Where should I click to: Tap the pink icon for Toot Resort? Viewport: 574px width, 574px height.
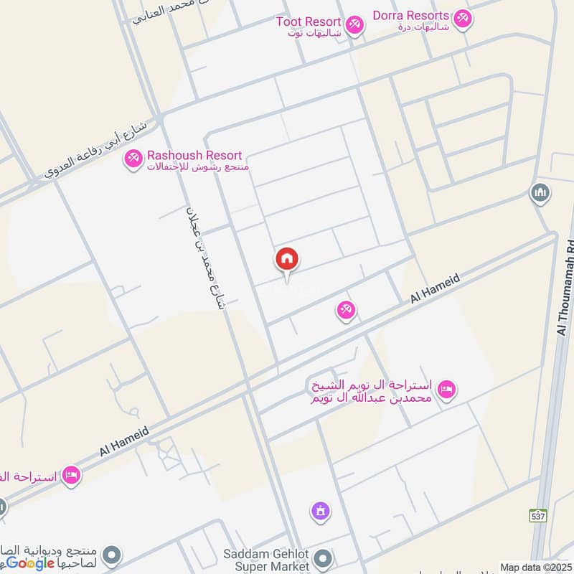[x=354, y=26]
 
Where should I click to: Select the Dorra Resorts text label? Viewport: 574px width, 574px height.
[x=411, y=16]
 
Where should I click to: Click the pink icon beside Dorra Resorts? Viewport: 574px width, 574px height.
[x=463, y=19]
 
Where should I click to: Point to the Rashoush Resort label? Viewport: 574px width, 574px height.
[x=194, y=156]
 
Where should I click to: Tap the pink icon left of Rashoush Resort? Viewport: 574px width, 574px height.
[x=133, y=159]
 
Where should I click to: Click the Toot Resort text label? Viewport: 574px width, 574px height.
[x=309, y=22]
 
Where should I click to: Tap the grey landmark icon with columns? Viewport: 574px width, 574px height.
[x=540, y=193]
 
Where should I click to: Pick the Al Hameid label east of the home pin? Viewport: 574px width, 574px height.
[x=435, y=291]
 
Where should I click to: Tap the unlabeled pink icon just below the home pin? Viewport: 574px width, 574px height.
[x=346, y=311]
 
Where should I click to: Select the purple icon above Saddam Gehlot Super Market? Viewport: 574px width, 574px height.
[x=320, y=512]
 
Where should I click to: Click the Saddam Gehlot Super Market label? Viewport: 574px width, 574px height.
[x=266, y=560]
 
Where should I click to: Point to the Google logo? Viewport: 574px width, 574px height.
[x=31, y=563]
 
